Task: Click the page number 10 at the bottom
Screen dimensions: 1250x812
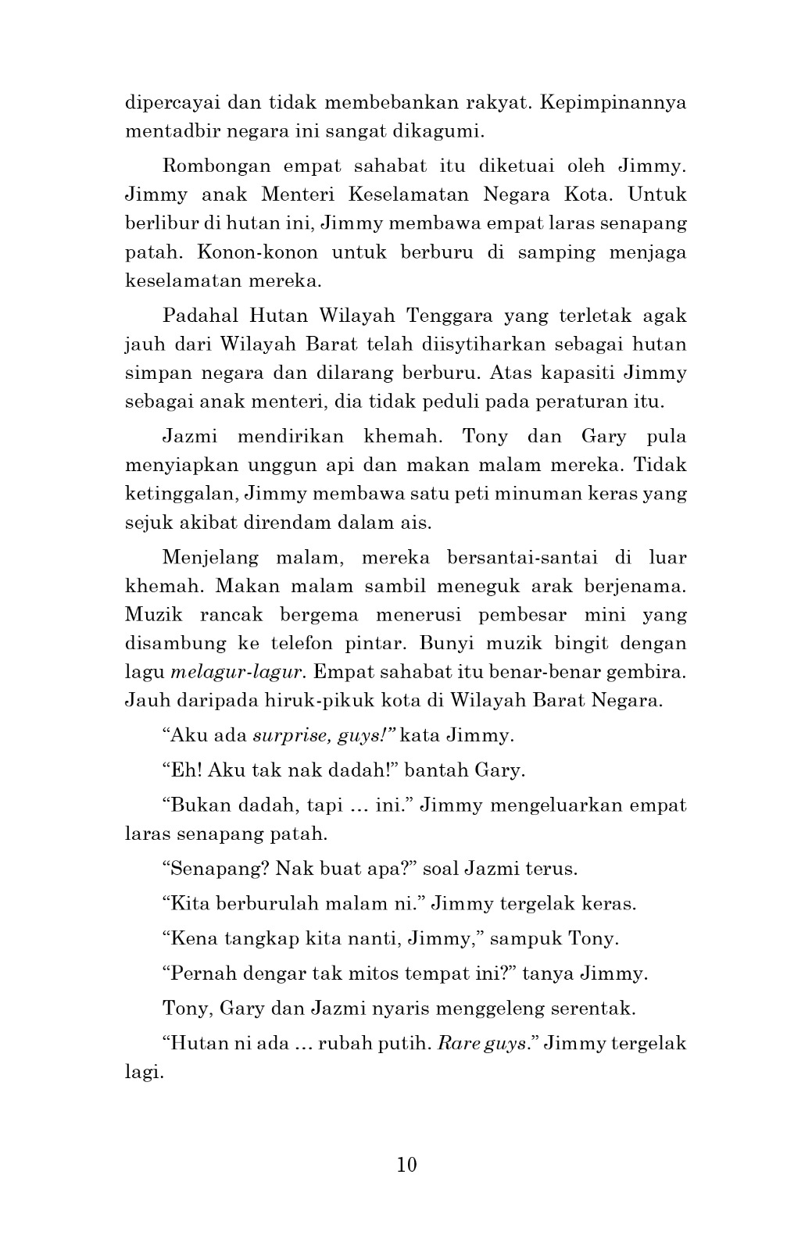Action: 406,1165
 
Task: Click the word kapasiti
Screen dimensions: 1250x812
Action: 573,373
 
